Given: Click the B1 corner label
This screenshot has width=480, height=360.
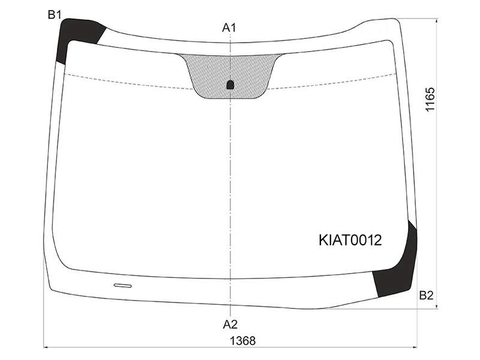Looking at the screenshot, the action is coord(55,14).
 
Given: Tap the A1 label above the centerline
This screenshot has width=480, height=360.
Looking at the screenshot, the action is coord(229,28).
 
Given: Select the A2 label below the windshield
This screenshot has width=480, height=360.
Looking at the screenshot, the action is coord(230,325).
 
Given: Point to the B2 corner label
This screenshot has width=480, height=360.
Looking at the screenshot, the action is coord(426,295).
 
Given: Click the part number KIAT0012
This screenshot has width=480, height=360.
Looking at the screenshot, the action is coord(350,241).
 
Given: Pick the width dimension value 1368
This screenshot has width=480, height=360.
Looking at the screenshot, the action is coord(242,341).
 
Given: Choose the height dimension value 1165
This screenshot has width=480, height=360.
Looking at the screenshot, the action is coord(430,100).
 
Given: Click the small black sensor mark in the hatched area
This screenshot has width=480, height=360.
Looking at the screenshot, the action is coord(230,85).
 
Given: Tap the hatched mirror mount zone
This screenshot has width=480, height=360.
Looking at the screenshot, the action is coord(230,73).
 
